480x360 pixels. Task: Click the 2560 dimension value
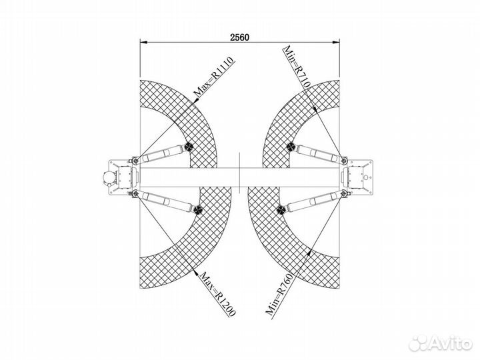click(240, 37)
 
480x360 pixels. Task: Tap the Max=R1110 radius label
click(214, 77)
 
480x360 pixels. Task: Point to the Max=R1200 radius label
click(217, 294)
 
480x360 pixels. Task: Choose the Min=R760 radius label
click(279, 294)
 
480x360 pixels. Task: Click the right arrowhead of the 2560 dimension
click(337, 43)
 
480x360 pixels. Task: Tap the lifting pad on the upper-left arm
click(188, 147)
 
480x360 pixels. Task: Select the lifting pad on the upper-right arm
click(291, 147)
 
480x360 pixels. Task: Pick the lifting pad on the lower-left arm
click(198, 210)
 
